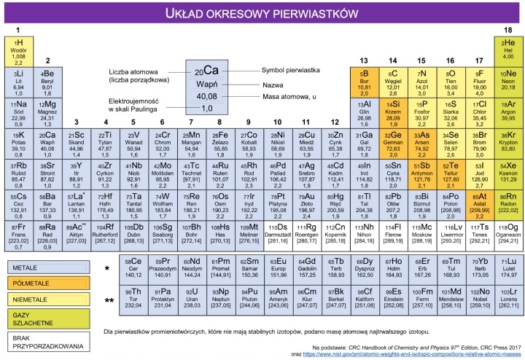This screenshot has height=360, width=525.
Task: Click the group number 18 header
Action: coord(507,30)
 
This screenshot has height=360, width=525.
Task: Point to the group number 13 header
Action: coord(364,60)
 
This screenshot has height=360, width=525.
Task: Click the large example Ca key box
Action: coord(207,87)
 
